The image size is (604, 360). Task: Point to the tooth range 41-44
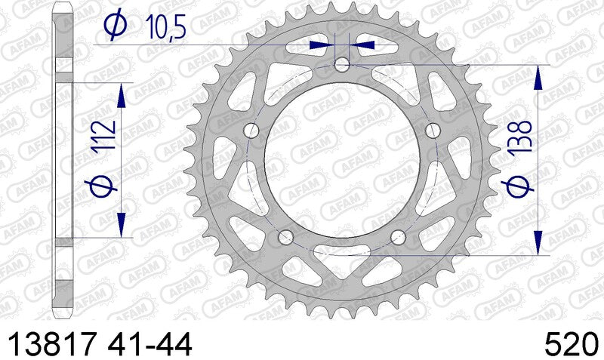pyautogui.click(x=150, y=343)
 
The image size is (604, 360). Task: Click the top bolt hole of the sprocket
pyautogui.click(x=343, y=65)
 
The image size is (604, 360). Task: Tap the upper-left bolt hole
pyautogui.click(x=251, y=131)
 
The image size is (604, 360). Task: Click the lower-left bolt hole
pyautogui.click(x=286, y=238)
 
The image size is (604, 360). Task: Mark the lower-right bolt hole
pyautogui.click(x=399, y=238)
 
